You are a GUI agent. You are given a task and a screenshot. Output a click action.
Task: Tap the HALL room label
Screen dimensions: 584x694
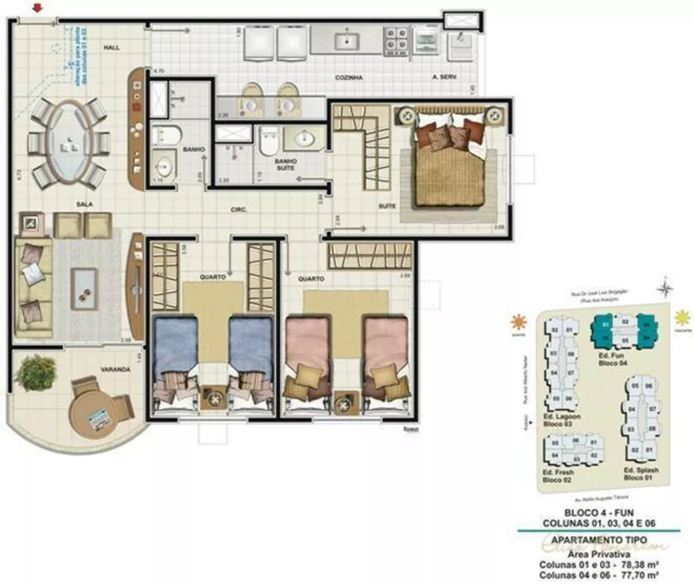pos(112,48)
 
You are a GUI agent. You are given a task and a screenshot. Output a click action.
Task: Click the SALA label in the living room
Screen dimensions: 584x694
pos(85,204)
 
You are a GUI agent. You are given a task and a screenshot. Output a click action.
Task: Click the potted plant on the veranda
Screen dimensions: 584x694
pos(36,373)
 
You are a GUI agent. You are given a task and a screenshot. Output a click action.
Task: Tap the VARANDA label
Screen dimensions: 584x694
pos(115,369)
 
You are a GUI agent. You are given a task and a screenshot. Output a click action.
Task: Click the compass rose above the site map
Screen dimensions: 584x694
pos(666,285)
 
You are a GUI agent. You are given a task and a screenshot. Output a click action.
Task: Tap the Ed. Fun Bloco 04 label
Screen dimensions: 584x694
pos(613,358)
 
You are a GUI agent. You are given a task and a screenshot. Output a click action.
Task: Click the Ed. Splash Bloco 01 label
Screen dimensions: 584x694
pos(640,474)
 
